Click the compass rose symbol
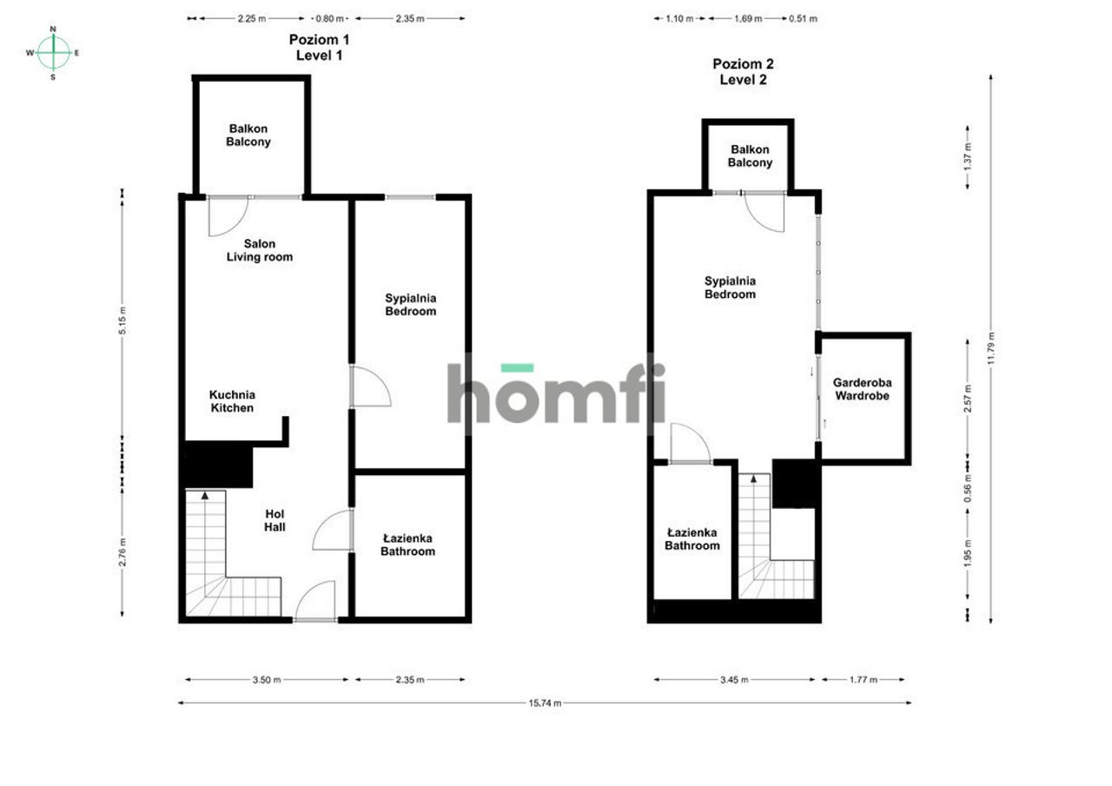53,53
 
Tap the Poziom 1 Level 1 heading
319,47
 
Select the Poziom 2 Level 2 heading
743,71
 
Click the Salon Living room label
260,250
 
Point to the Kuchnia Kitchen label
232,401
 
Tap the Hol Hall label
275,520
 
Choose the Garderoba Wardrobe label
863,389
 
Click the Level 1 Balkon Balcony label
248,135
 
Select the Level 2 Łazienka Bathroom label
692,538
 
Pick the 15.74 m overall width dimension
545,703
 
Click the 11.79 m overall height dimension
991,349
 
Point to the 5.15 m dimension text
122,320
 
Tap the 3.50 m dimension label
267,679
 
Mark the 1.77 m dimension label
864,679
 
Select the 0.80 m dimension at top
329,18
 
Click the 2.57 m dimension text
968,399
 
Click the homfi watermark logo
556,393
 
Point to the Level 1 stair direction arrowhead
205,495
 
